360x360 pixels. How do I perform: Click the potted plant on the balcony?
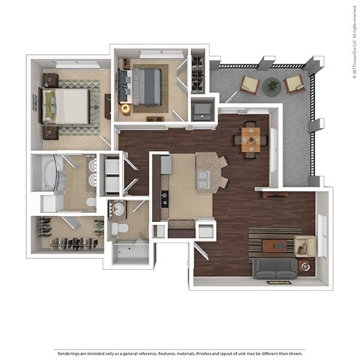pyautogui.click(x=271, y=85)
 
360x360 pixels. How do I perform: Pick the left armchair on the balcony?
pyautogui.click(x=249, y=85)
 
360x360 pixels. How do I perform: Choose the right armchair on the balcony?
pyautogui.click(x=295, y=83)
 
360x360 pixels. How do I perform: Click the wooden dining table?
pyautogui.click(x=250, y=138)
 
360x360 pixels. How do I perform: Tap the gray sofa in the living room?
pyautogui.click(x=274, y=268)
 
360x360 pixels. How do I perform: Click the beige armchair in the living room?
pyautogui.click(x=304, y=245)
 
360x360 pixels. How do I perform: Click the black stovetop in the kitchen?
pyautogui.click(x=164, y=199)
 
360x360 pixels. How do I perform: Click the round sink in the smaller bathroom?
pyautogui.click(x=118, y=209)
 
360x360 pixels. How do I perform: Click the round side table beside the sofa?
pyautogui.click(x=304, y=265)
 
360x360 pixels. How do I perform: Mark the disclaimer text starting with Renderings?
pyautogui.click(x=179, y=352)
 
